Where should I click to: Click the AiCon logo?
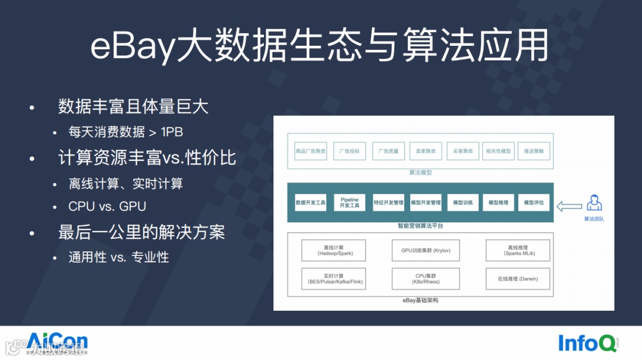[57, 343]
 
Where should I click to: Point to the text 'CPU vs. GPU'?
[107, 206]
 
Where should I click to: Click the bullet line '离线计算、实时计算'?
[125, 184]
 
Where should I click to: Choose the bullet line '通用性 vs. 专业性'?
[119, 257]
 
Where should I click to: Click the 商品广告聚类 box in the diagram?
[311, 151]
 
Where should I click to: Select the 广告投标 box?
[350, 151]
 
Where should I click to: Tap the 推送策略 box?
[534, 151]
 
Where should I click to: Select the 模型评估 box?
[534, 203]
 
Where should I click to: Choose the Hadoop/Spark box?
[333, 250]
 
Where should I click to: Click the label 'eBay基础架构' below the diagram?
[420, 301]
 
